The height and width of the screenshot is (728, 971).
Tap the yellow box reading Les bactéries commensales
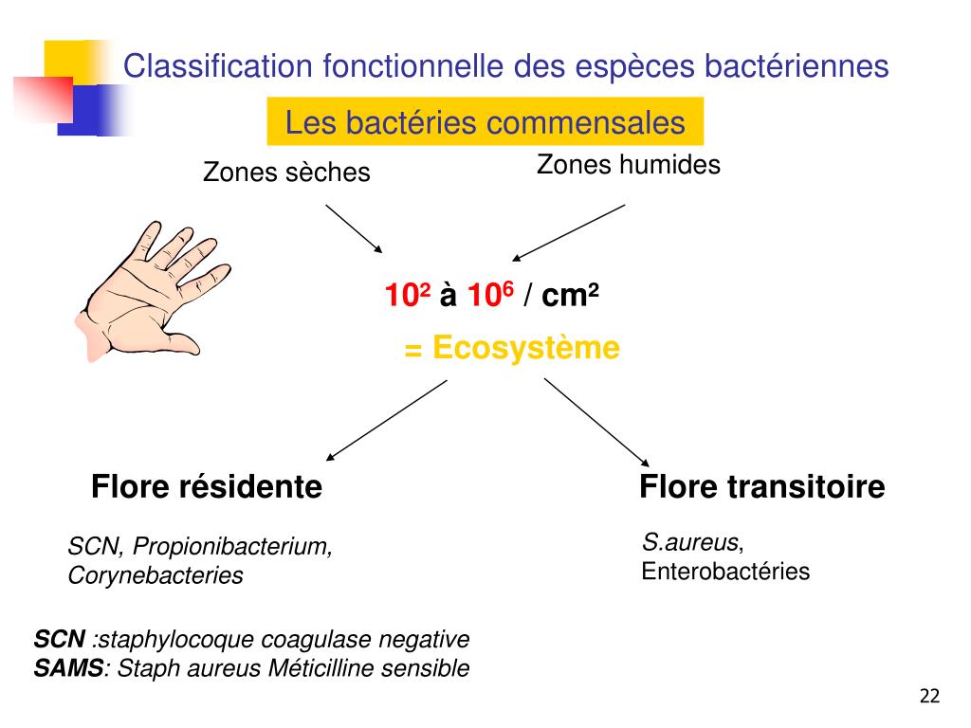pyautogui.click(x=485, y=122)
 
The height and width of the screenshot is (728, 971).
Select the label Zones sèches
pyautogui.click(x=286, y=173)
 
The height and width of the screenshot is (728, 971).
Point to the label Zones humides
pyautogui.click(x=628, y=165)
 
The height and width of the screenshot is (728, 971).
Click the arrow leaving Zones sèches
pyautogui.click(x=354, y=228)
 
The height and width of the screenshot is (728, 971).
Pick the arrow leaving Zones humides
pyautogui.click(x=569, y=231)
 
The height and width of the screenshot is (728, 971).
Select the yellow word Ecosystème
pyautogui.click(x=525, y=349)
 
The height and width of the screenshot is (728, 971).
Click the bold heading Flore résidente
pyautogui.click(x=207, y=487)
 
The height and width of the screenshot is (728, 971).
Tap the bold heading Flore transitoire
pyautogui.click(x=761, y=487)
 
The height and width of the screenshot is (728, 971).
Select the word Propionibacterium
pyautogui.click(x=232, y=547)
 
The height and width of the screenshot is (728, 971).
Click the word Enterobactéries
pyautogui.click(x=725, y=572)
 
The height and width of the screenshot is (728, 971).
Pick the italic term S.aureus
pyautogui.click(x=690, y=543)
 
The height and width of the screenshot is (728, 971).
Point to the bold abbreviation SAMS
pyautogui.click(x=68, y=668)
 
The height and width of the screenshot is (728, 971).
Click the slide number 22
pyautogui.click(x=929, y=697)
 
